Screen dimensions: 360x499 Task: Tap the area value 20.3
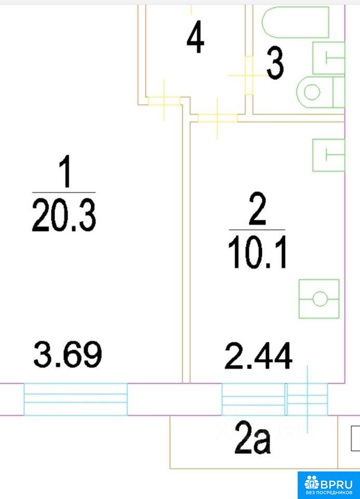tap(63, 215)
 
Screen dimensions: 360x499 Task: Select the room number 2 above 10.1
tap(257, 208)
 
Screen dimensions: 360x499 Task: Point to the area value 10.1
tap(257, 253)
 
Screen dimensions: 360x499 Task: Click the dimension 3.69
tap(68, 354)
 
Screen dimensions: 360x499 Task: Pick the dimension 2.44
tap(258, 356)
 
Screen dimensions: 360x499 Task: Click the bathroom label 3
tap(275, 63)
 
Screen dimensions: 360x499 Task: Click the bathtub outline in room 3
tap(295, 22)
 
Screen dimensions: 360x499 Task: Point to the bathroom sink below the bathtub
tap(329, 58)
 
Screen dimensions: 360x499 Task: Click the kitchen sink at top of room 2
tap(329, 155)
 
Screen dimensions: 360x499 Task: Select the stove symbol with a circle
tap(319, 299)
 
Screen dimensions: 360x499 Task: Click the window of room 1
tap(76, 399)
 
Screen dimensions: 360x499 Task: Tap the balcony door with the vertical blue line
tap(307, 399)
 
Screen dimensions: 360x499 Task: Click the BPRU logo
tap(329, 485)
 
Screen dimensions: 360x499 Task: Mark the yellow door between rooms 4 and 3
tap(249, 75)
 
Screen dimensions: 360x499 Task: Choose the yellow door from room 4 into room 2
tap(218, 118)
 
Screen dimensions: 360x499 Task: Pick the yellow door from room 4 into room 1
tap(164, 101)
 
